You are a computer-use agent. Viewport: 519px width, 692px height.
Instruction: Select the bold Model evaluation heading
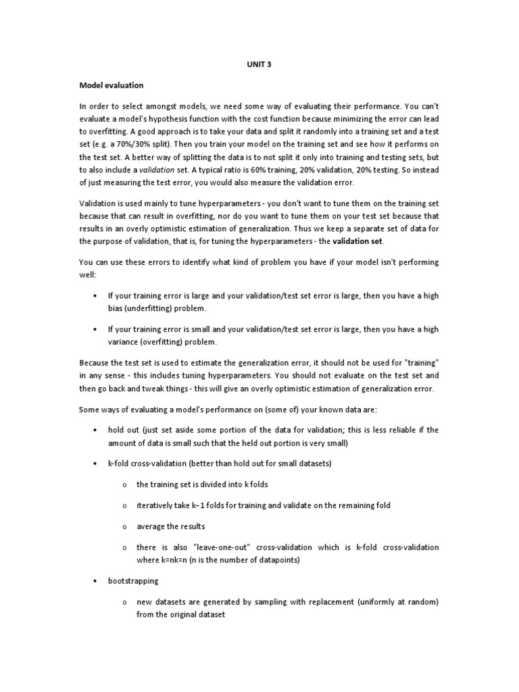(x=111, y=86)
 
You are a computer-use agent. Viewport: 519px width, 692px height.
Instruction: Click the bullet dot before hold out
(x=94, y=430)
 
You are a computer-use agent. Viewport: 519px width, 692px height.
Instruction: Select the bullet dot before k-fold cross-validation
(x=94, y=464)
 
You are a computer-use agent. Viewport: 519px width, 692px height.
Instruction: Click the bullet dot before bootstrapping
(x=94, y=580)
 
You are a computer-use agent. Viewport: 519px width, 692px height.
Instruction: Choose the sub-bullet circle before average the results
(x=126, y=526)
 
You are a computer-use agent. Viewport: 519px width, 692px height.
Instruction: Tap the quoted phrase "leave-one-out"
(x=225, y=547)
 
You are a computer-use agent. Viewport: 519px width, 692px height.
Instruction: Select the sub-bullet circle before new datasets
(x=126, y=602)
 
